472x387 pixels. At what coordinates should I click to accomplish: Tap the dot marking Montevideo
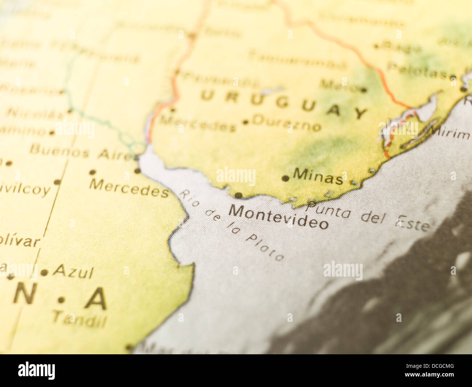tap(238, 195)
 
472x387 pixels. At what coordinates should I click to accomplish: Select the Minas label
tap(318, 176)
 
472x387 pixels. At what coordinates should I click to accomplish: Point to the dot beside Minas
tap(286, 178)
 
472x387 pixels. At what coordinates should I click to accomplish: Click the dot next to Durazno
tap(245, 122)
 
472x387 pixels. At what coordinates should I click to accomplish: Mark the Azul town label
tap(74, 271)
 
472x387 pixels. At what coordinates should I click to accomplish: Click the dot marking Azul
tap(44, 272)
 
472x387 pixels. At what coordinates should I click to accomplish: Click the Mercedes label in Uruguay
tap(198, 124)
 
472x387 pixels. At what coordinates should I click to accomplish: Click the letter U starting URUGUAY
tap(208, 96)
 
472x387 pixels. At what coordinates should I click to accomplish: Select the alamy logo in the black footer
tap(37, 371)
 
